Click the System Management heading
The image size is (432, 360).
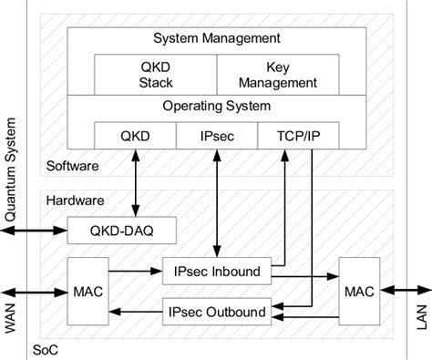216,38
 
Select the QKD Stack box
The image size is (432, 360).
155,75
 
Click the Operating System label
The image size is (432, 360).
216,106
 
